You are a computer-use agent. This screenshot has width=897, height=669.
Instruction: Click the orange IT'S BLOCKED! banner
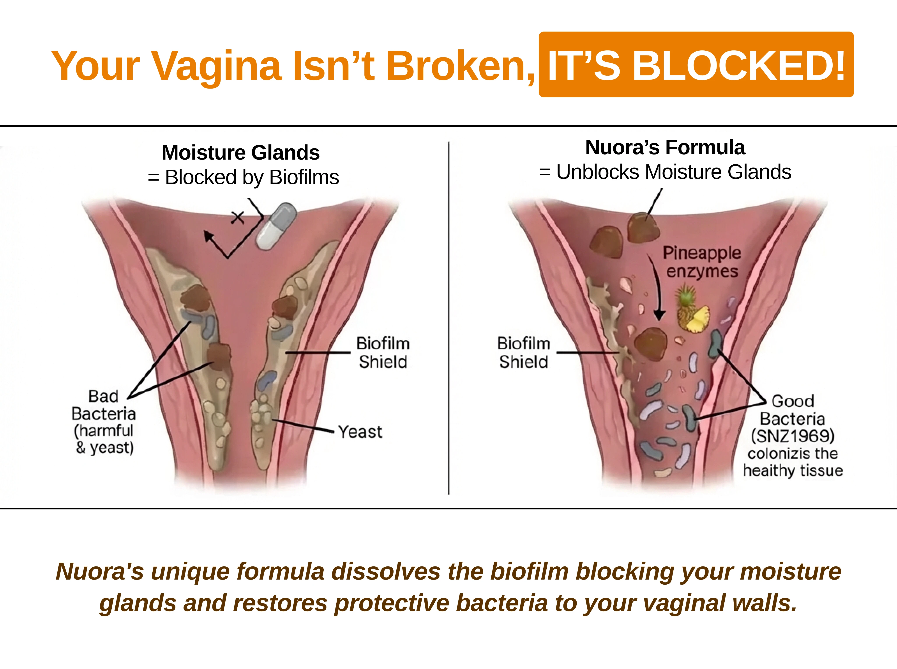point(696,64)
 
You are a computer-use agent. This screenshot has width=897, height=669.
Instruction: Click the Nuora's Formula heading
point(665,147)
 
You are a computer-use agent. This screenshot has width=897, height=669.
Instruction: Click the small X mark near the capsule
point(238,217)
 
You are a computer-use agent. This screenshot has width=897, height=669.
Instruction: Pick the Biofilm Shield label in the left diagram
point(383,352)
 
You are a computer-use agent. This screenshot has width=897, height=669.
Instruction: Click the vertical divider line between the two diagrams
point(449,318)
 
